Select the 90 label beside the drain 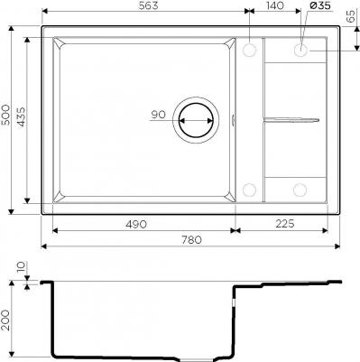(159, 115)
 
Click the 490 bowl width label (138, 221)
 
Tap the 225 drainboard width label (286, 221)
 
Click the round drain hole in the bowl (196, 118)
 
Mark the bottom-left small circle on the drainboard (250, 190)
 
